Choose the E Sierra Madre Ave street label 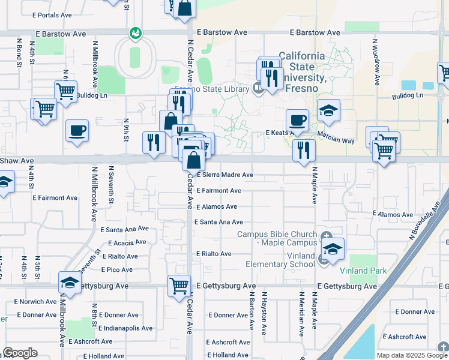pyautogui.click(x=225, y=175)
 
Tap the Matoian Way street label pyautogui.click(x=336, y=137)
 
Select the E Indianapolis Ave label pyautogui.click(x=125, y=328)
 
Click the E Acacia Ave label pyautogui.click(x=127, y=243)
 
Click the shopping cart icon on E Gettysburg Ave pyautogui.click(x=179, y=285)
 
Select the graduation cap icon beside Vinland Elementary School pyautogui.click(x=333, y=248)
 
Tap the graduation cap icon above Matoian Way pyautogui.click(x=328, y=110)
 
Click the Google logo pyautogui.click(x=20, y=353)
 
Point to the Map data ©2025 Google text pyautogui.click(x=411, y=355)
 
